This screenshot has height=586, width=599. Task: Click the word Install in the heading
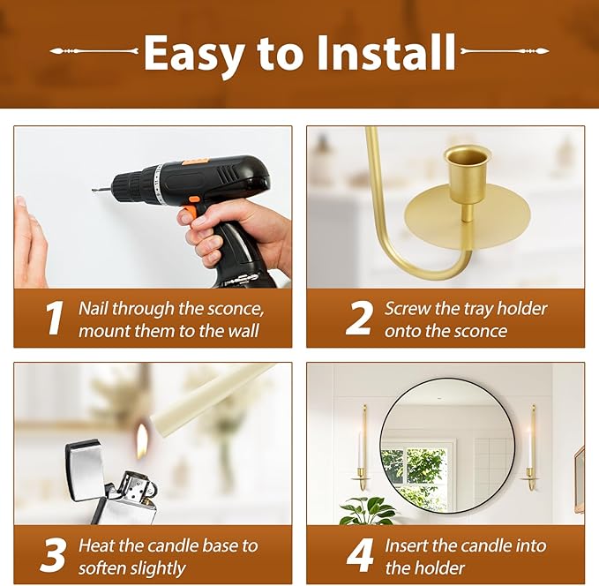[386, 52]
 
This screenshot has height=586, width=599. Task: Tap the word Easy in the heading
[194, 56]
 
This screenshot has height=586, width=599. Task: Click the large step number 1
[54, 318]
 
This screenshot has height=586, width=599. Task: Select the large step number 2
[358, 318]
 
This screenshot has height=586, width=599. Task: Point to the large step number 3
[52, 555]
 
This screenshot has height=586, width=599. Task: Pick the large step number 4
[359, 555]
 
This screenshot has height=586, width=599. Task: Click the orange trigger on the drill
[191, 209]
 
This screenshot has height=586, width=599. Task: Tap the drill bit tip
[94, 191]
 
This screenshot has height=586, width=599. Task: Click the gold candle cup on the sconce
[468, 175]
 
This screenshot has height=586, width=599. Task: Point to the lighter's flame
[142, 440]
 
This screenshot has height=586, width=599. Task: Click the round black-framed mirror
[447, 446]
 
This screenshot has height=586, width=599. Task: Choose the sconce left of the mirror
[363, 447]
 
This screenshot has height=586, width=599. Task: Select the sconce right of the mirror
[531, 447]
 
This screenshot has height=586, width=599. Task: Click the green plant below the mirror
[367, 511]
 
